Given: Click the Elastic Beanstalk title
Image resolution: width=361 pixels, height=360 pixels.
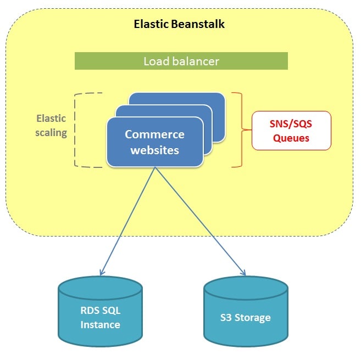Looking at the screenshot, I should pyautogui.click(x=180, y=24).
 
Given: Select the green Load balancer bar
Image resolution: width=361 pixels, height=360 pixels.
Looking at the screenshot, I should pyautogui.click(x=181, y=61).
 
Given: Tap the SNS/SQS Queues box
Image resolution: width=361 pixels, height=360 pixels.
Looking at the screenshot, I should pyautogui.click(x=291, y=131).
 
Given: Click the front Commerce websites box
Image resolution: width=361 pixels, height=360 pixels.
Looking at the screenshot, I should pyautogui.click(x=154, y=142).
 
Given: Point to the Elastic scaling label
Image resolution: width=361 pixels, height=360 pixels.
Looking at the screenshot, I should pyautogui.click(x=51, y=125).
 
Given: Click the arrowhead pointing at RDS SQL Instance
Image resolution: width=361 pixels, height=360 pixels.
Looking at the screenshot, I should pyautogui.click(x=101, y=272).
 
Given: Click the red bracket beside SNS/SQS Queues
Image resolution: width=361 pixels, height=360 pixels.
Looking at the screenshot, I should pyautogui.click(x=240, y=130).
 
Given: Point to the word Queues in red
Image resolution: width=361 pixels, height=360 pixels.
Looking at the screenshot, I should pyautogui.click(x=291, y=138).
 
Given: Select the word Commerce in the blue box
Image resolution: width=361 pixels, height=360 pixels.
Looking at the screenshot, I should pyautogui.click(x=154, y=134).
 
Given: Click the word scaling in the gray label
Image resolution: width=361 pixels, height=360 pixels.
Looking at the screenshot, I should pyautogui.click(x=51, y=132).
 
